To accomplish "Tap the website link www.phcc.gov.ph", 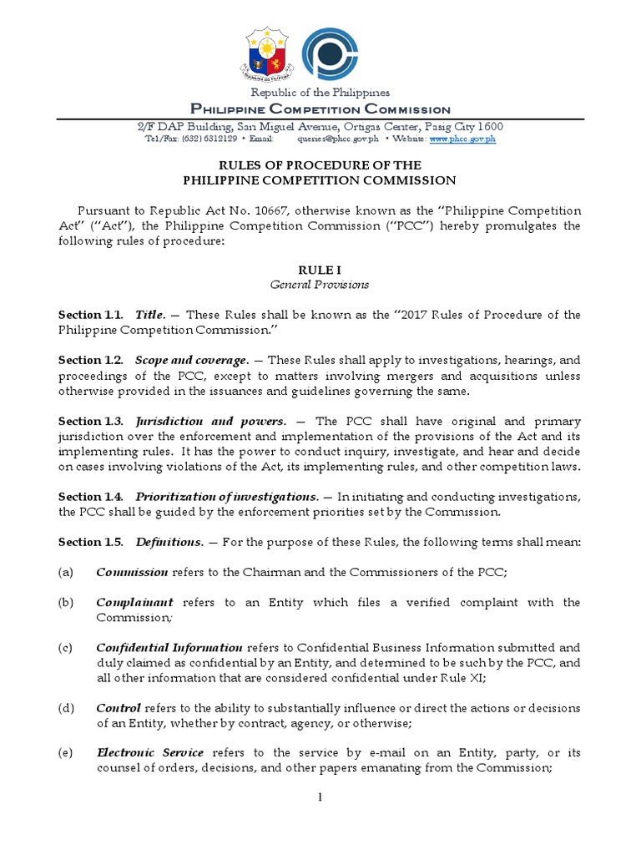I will click(463, 139).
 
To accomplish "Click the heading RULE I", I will click(320, 270).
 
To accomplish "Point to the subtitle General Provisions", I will click(320, 285).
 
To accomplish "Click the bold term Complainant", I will click(134, 602).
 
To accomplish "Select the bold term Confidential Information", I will click(169, 647).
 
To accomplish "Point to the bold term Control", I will click(119, 708).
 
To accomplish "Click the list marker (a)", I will click(66, 572).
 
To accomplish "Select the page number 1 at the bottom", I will click(320, 798).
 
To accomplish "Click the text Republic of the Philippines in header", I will click(320, 93).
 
